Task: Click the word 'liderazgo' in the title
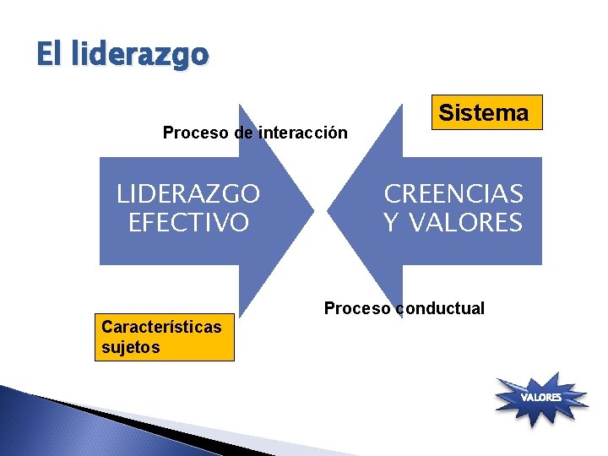[x=139, y=55]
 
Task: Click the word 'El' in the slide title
[x=48, y=55]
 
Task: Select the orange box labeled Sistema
[x=486, y=112]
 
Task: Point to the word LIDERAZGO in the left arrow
[x=188, y=195]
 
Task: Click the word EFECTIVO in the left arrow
[x=188, y=223]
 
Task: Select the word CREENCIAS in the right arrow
[x=453, y=194]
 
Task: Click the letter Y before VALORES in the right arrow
[x=391, y=223]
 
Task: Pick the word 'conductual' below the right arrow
[x=441, y=308]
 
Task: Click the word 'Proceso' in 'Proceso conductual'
[x=357, y=308]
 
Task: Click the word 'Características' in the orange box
[x=161, y=327]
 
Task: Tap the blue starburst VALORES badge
[x=541, y=397]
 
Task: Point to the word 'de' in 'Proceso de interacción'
[x=244, y=133]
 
